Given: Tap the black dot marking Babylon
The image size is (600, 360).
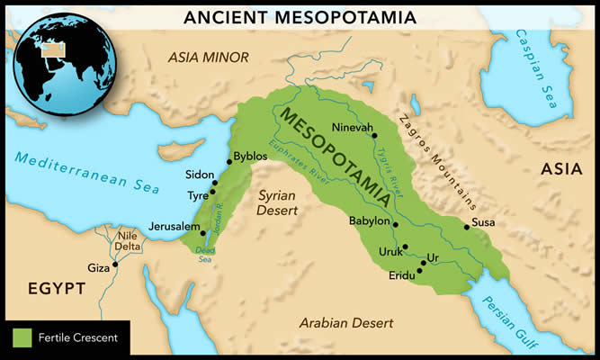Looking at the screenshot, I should click(x=396, y=224).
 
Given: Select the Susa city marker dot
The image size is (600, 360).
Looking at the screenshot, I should click(x=466, y=227).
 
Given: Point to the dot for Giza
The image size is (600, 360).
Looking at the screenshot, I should click(x=115, y=265).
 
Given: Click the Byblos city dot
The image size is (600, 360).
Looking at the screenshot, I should click(x=228, y=160).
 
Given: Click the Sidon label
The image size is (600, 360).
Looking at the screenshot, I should click(x=197, y=175).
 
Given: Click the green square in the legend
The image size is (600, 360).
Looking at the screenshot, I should click(x=22, y=339).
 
